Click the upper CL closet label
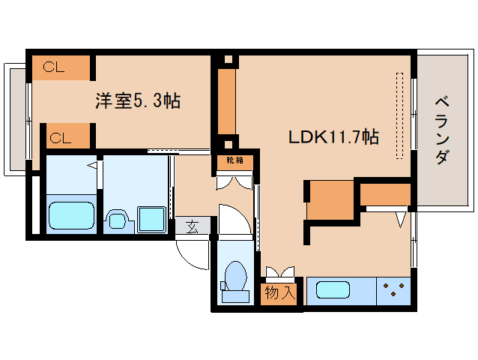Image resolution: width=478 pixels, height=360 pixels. tap(53, 67)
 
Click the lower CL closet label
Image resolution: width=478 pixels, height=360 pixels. tap(60, 137)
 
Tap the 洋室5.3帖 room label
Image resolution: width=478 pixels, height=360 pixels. tap(137, 100)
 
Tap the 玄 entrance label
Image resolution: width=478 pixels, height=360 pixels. tap(193, 226)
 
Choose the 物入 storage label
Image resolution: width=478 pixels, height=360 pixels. tap(280, 293)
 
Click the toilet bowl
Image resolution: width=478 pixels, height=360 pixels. tap(235, 279)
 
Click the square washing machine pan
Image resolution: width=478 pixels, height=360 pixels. tap(152, 220)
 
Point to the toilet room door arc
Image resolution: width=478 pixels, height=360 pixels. tap(234, 218)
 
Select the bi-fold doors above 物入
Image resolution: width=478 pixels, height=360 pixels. tap(280, 271)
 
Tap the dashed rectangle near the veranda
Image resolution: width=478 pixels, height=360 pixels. tap(399, 115)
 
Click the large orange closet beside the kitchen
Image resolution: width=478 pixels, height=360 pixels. tap(330, 200)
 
